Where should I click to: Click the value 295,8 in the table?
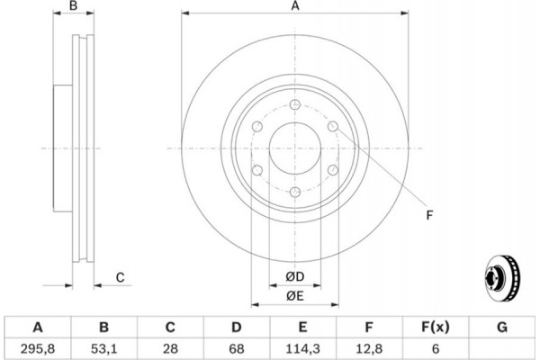click(x=38, y=346)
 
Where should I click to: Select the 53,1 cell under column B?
click(x=103, y=346)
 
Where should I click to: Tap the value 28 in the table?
click(x=170, y=346)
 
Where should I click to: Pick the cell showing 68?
click(x=237, y=346)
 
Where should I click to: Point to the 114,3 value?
click(x=303, y=346)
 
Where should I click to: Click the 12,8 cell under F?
click(x=370, y=346)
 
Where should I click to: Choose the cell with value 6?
click(x=436, y=346)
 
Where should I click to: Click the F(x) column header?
click(x=436, y=326)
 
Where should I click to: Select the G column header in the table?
click(x=502, y=326)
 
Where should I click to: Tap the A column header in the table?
click(x=38, y=326)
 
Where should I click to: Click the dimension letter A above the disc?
click(x=294, y=7)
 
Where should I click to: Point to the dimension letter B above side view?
click(x=75, y=7)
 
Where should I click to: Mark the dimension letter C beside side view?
click(x=120, y=278)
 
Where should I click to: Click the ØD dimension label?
click(x=294, y=276)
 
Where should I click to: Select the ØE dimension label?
click(x=294, y=295)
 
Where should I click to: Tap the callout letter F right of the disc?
click(x=429, y=214)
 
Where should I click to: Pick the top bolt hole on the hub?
click(x=295, y=106)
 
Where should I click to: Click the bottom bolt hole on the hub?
click(x=295, y=191)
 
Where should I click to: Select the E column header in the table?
click(x=303, y=326)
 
